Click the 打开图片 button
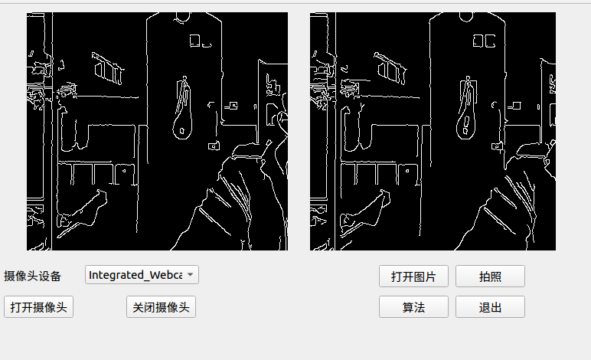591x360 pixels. [413, 277]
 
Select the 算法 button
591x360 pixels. [413, 307]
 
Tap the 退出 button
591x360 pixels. [490, 307]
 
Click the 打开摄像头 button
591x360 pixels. [38, 307]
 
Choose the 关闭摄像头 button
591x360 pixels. [161, 307]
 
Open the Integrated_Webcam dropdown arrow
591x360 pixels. [191, 274]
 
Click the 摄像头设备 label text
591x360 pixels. [32, 276]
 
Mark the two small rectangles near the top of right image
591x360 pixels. [484, 41]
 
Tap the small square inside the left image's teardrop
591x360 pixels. [182, 131]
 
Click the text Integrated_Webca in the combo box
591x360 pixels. [136, 275]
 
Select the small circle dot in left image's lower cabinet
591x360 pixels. [124, 171]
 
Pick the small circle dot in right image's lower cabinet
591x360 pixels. [407, 171]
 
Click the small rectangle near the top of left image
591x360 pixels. [195, 41]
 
